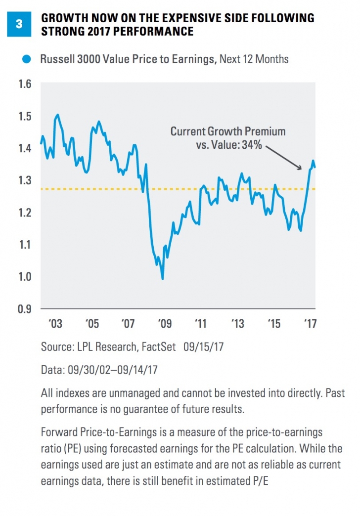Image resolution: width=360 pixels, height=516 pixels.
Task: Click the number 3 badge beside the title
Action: point(19,24)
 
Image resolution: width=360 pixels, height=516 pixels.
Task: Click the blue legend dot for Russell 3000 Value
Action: point(29,60)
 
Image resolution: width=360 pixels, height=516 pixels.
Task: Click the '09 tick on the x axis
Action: point(165,324)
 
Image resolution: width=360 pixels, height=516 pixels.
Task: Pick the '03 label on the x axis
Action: point(55,324)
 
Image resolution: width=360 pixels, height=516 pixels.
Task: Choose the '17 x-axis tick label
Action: point(310,324)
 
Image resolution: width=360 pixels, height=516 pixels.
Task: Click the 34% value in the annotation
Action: point(251,147)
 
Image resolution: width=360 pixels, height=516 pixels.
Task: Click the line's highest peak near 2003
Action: point(58,115)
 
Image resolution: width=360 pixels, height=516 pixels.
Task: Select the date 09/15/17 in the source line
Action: point(204,347)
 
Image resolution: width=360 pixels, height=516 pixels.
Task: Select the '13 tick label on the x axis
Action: point(237,324)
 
